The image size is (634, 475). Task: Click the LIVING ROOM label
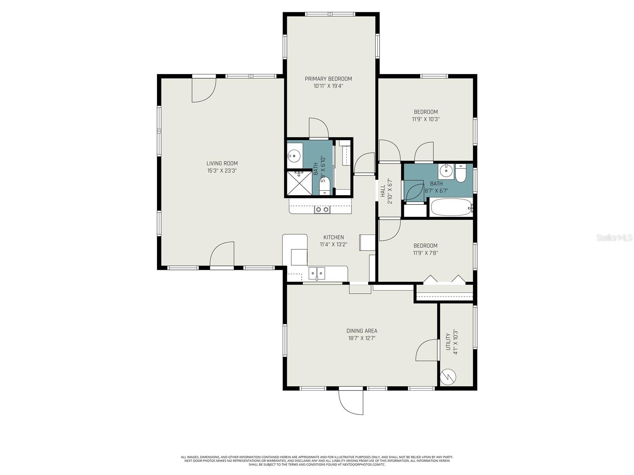222,163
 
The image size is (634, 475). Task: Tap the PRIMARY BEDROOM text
328,79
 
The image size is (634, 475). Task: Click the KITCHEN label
333,237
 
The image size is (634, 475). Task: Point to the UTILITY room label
448,341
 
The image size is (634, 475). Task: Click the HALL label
383,191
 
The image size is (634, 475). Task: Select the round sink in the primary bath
294,156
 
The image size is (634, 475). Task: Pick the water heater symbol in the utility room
448,376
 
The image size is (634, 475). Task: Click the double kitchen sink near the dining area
317,273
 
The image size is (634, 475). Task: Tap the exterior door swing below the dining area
351,402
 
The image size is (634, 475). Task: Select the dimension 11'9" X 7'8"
425,253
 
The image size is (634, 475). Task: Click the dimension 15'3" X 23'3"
222,171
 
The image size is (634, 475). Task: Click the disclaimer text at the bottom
317,461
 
